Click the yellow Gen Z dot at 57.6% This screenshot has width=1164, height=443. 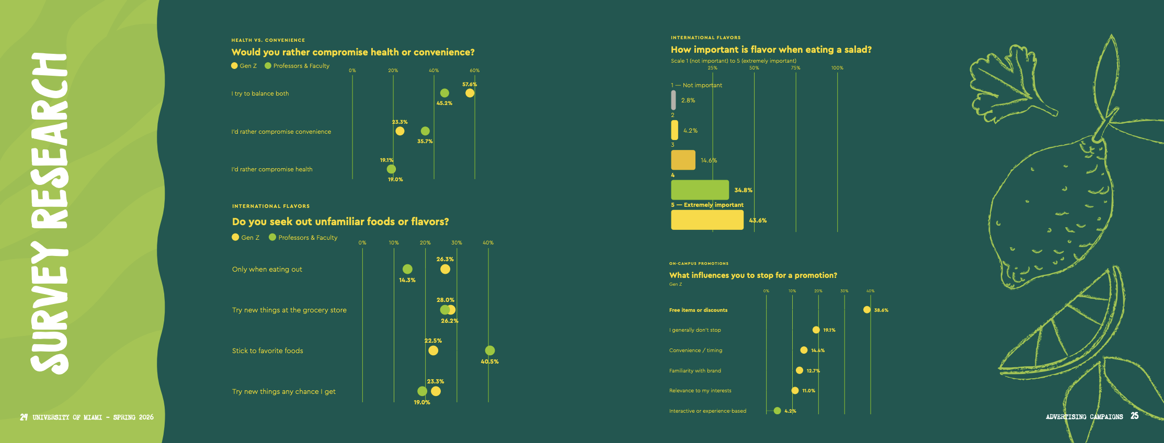[470, 93]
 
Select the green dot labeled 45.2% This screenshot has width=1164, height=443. [444, 93]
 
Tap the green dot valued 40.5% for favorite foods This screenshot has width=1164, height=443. [489, 350]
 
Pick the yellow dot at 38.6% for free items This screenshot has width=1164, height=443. [867, 310]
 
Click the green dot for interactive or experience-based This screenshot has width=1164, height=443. [777, 411]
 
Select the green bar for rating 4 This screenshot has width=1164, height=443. [700, 190]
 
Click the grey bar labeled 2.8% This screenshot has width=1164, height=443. [673, 100]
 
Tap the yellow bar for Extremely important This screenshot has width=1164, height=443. [707, 220]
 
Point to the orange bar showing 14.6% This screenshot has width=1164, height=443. [683, 160]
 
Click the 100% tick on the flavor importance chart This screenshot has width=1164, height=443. [837, 68]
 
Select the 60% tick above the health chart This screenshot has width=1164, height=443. [474, 71]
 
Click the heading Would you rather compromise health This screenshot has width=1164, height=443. [353, 52]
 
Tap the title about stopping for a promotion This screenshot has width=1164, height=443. [753, 275]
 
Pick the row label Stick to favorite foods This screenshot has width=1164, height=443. [268, 351]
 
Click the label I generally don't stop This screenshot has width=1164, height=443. [695, 330]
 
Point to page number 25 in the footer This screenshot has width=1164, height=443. [1134, 416]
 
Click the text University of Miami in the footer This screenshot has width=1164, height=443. [67, 417]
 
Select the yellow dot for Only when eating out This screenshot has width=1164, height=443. [445, 269]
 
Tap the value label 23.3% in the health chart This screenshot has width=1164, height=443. [400, 122]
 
